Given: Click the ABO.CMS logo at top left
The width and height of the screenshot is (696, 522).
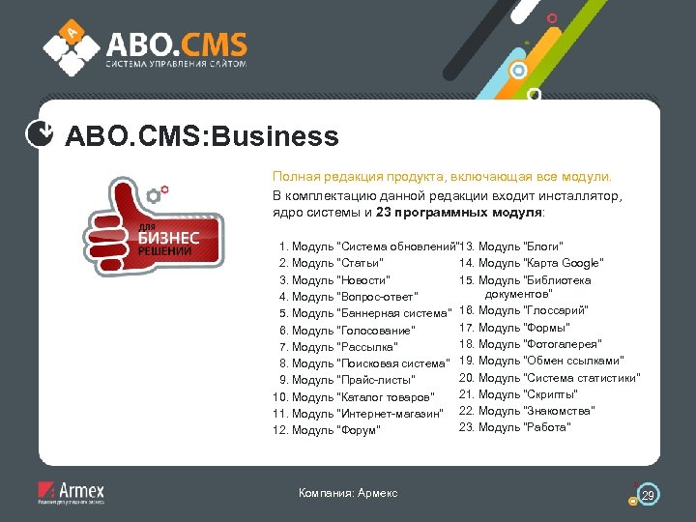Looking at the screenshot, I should pos(145,47).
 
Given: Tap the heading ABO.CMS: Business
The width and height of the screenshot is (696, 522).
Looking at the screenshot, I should pos(201,136).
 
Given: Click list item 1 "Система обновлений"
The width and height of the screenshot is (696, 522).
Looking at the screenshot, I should pos(366,246).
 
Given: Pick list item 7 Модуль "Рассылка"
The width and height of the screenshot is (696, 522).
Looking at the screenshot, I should pos(338,347).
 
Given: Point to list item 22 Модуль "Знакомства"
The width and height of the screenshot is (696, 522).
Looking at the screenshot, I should pos(527,411).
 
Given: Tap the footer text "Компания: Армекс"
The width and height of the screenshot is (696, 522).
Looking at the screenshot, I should pos(348,493).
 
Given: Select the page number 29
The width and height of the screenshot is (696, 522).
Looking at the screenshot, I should pos(649,495).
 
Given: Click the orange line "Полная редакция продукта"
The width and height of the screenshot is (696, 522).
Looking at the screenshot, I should pos(441,178).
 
